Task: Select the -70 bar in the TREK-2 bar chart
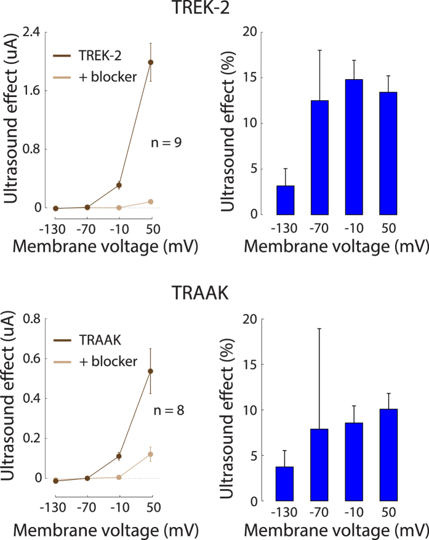[319, 157]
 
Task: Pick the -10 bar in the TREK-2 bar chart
[354, 147]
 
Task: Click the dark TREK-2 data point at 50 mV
[150, 62]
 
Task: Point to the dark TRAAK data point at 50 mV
[150, 371]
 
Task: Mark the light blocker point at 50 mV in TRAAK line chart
[150, 454]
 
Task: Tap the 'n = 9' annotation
[166, 143]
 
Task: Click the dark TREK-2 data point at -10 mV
[119, 185]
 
